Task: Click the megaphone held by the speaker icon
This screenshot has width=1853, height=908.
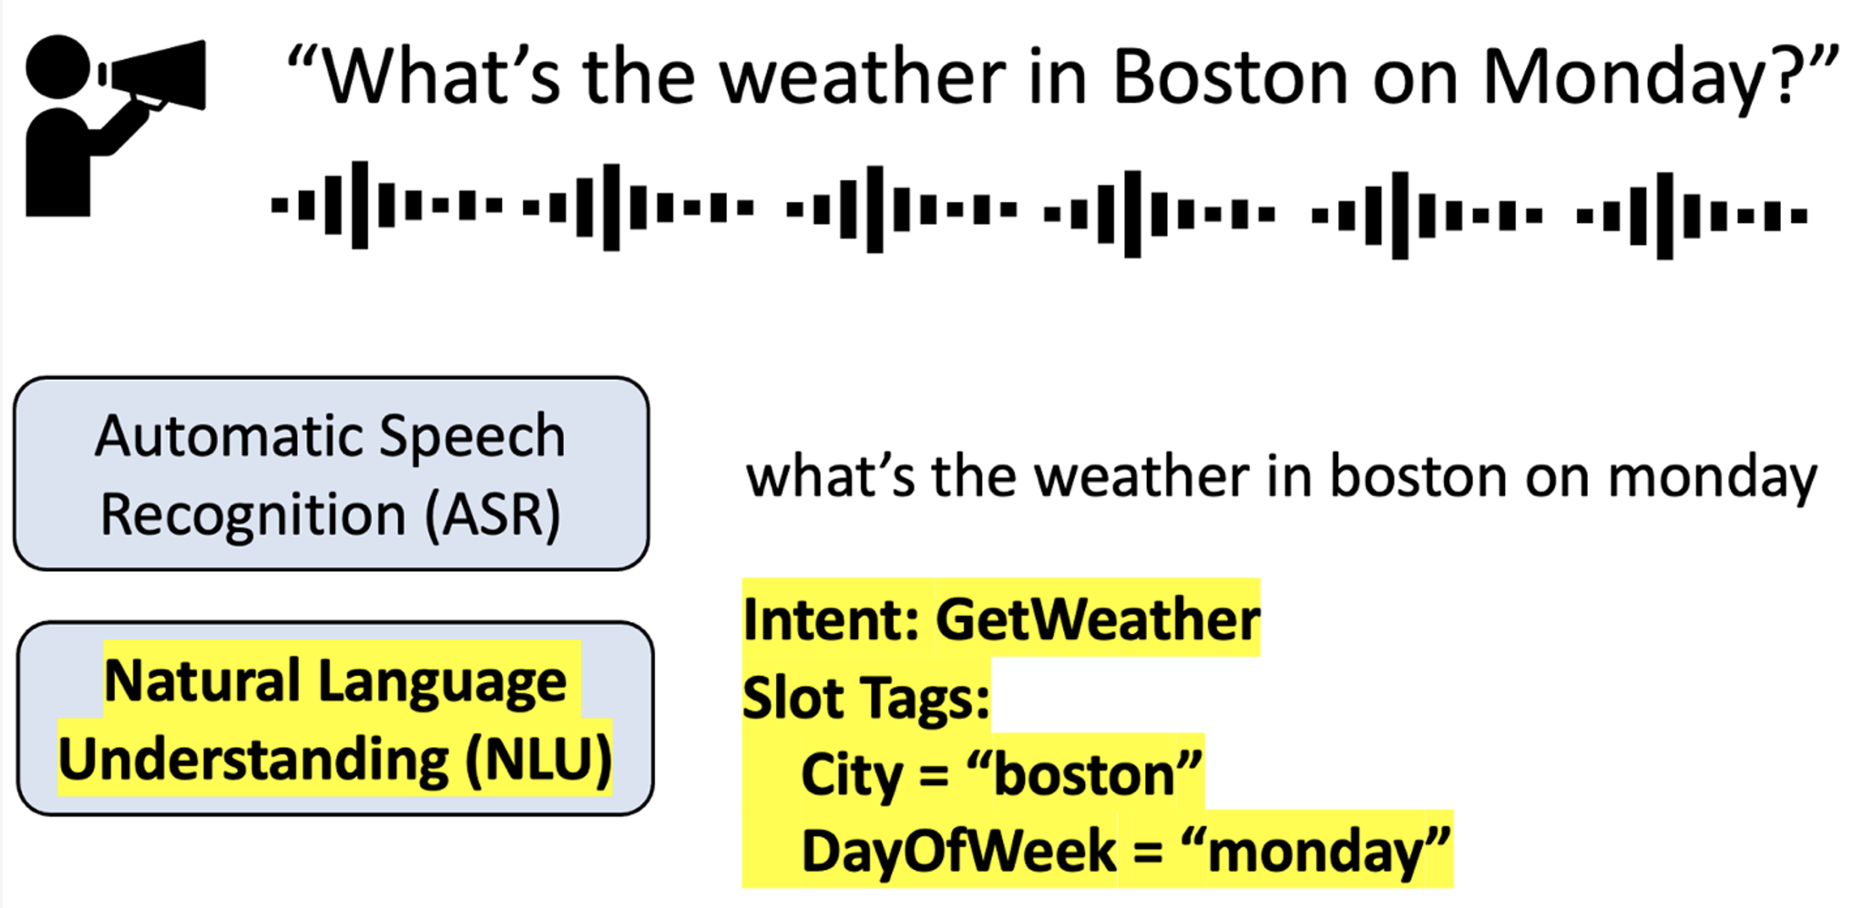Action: click(154, 75)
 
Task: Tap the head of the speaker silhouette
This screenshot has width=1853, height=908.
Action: click(58, 67)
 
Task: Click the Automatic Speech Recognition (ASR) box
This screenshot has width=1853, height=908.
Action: click(332, 474)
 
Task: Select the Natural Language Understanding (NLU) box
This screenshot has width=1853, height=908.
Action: click(335, 718)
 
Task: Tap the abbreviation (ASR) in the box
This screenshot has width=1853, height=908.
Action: click(493, 515)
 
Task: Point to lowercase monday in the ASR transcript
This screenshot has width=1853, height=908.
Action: click(1713, 480)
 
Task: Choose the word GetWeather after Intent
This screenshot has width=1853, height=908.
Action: click(1098, 619)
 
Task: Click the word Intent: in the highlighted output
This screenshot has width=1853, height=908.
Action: click(831, 620)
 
